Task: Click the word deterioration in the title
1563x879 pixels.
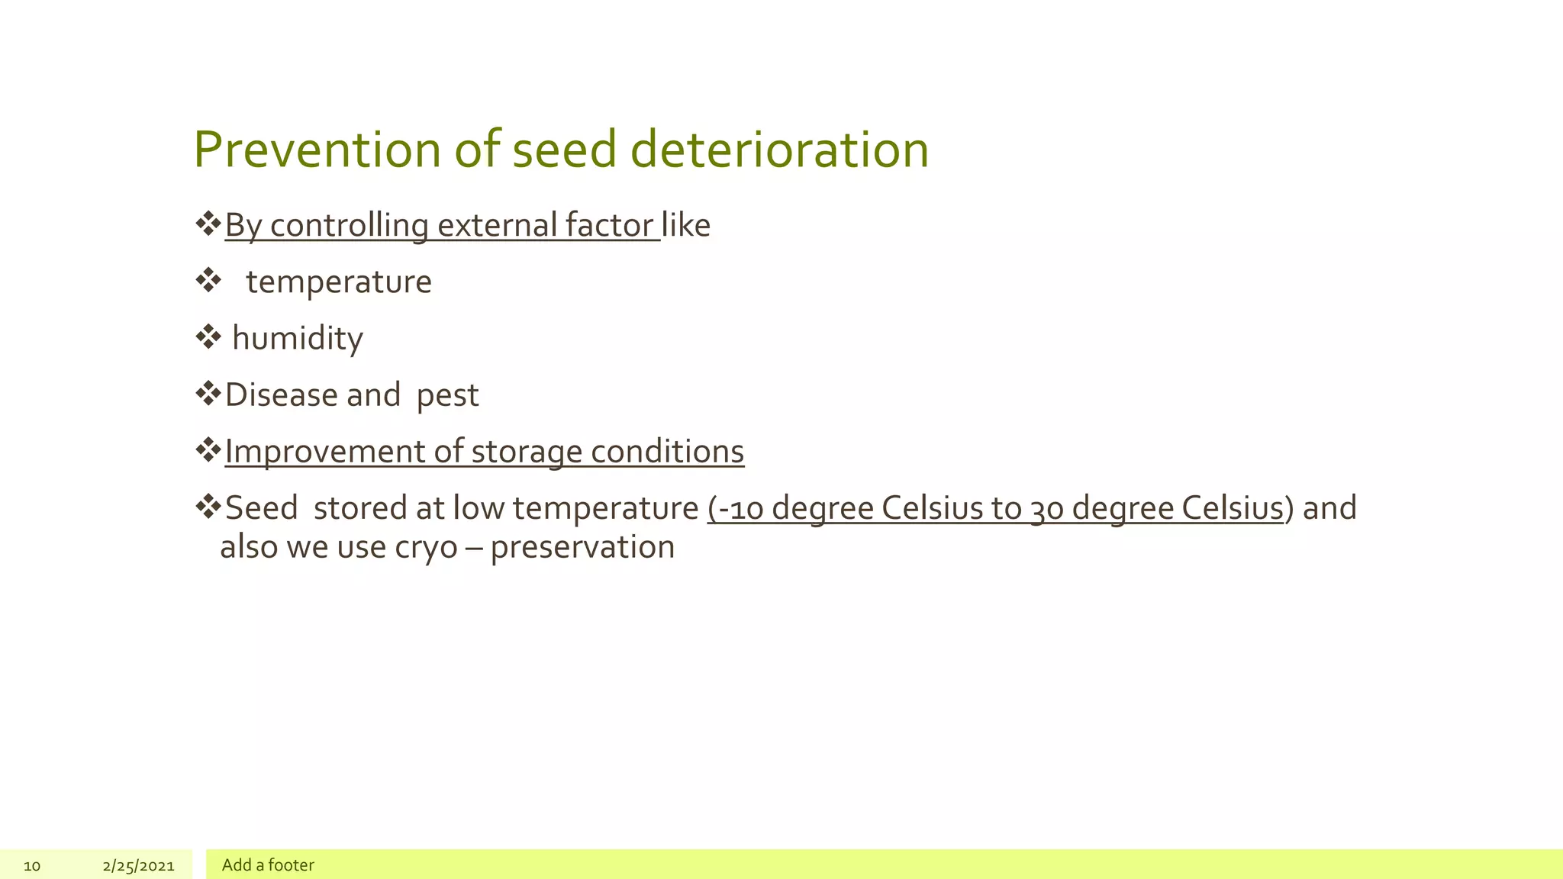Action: coord(779,150)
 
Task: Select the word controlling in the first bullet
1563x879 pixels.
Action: coord(349,226)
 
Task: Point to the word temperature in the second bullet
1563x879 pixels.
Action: coord(338,282)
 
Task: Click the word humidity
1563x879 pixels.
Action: coord(297,339)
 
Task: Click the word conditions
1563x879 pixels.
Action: coord(667,452)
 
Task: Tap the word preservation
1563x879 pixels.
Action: coord(582,548)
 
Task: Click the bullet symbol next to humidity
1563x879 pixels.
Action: coord(208,336)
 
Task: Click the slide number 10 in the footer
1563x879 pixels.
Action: coord(32,865)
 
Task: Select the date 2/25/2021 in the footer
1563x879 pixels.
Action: coord(138,865)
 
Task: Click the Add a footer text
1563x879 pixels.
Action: coord(268,865)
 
